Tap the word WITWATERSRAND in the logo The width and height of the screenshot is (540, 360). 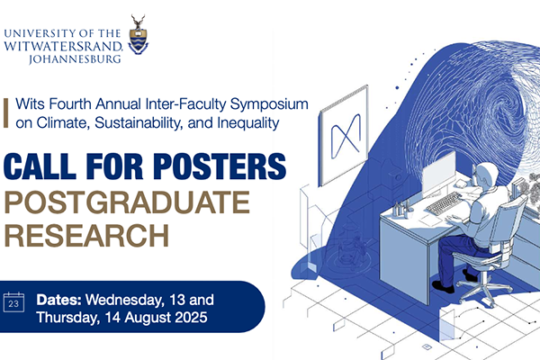pyautogui.click(x=63, y=46)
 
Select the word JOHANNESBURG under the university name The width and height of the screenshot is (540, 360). pyautogui.click(x=75, y=58)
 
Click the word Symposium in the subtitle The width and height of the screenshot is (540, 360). pyautogui.click(x=269, y=104)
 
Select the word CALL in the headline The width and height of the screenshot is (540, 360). pyautogui.click(x=40, y=166)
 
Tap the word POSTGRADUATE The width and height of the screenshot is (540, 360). pyautogui.click(x=127, y=202)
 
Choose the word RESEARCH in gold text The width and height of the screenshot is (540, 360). pyautogui.click(x=86, y=235)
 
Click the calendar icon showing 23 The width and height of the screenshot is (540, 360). pyautogui.click(x=13, y=302)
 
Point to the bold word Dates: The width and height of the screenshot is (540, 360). pyautogui.click(x=58, y=300)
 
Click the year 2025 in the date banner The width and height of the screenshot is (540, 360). pyautogui.click(x=191, y=318)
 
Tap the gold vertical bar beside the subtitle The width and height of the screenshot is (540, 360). pyautogui.click(x=6, y=113)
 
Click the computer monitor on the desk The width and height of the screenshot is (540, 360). pyautogui.click(x=438, y=175)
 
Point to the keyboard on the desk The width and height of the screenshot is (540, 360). pyautogui.click(x=444, y=203)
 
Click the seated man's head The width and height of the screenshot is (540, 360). pyautogui.click(x=485, y=175)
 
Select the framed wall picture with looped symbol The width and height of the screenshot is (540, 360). pyautogui.click(x=344, y=136)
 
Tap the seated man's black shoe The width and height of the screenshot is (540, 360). pyautogui.click(x=443, y=286)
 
